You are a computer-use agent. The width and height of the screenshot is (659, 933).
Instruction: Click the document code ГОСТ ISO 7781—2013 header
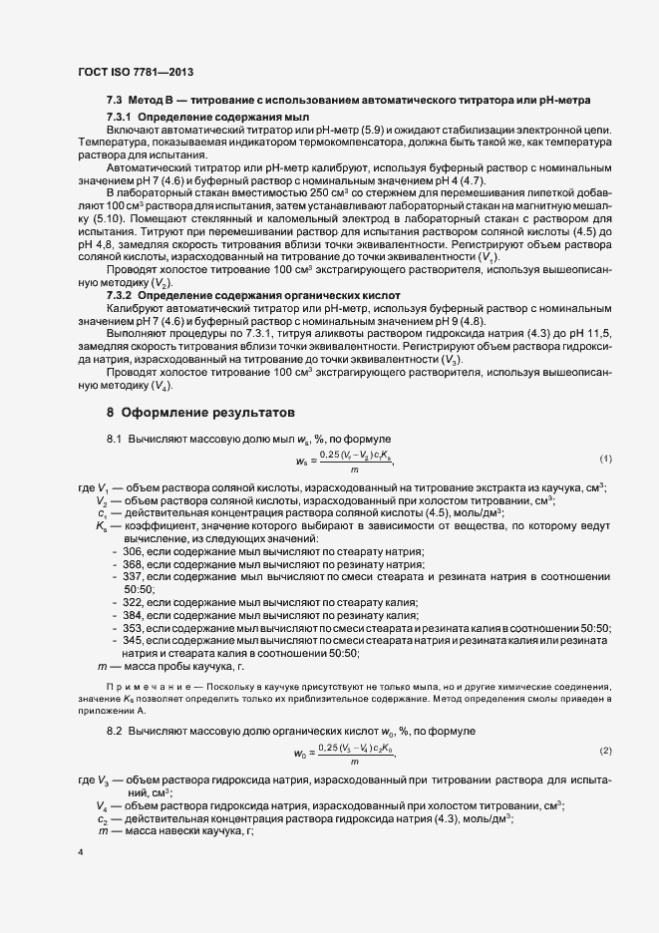135,71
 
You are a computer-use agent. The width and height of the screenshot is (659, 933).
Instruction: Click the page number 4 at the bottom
80,852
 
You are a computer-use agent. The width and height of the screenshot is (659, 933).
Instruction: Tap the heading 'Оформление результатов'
202,412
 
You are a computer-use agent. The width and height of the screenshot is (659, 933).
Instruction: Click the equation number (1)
605,459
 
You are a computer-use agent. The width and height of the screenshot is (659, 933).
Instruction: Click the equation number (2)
605,749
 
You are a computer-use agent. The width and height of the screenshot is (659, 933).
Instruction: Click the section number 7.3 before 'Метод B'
114,101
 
